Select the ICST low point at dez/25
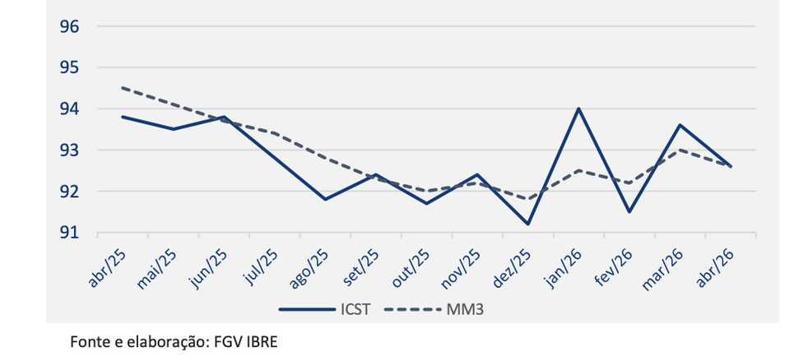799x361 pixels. [527, 224]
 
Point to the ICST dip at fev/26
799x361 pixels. [629, 212]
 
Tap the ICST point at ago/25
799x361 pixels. [326, 199]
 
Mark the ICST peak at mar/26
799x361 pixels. [680, 125]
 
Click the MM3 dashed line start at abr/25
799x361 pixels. [123, 88]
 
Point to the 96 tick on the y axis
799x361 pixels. [69, 26]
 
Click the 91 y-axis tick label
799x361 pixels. [69, 233]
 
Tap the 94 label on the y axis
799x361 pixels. [69, 109]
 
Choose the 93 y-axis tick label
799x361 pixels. [69, 150]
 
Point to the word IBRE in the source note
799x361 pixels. [262, 340]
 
